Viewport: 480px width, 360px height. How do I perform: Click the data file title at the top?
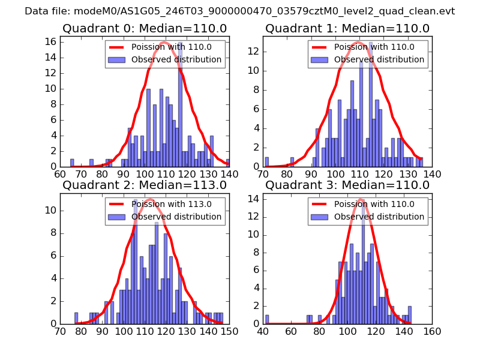(x=240, y=11)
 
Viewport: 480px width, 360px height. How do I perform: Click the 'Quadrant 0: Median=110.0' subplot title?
(x=145, y=28)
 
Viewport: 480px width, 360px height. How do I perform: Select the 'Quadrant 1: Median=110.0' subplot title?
(x=347, y=28)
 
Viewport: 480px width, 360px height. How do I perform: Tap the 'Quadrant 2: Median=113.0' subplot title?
(x=145, y=185)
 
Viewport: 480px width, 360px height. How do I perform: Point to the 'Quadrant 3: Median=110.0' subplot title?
(x=347, y=185)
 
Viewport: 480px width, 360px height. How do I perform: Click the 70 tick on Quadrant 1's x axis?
(x=264, y=174)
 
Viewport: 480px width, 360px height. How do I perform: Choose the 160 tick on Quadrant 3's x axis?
(x=432, y=331)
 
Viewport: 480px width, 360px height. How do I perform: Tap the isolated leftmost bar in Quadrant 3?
(x=267, y=320)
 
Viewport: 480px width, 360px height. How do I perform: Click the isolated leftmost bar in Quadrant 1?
(x=267, y=162)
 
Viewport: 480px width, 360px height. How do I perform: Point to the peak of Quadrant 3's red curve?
(x=361, y=199)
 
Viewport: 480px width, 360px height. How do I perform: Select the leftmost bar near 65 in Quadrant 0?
(x=72, y=163)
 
